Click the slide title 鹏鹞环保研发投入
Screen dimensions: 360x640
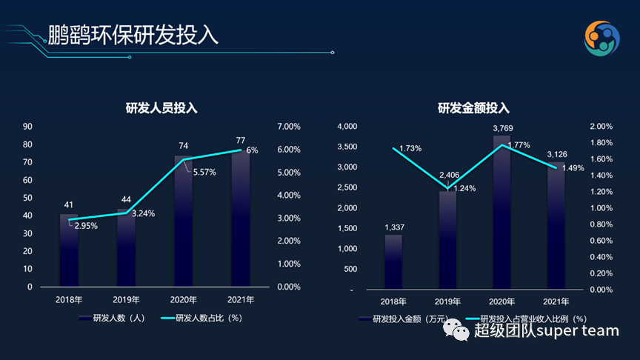coord(133,35)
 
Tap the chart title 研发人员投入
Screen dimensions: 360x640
coord(161,108)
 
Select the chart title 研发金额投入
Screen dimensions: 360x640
coord(474,108)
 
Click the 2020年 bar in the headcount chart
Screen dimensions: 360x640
coord(183,222)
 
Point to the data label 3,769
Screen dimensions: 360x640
coord(501,130)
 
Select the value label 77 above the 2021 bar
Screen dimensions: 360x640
coord(241,139)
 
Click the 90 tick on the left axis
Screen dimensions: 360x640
coord(27,126)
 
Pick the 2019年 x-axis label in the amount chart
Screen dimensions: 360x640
coord(447,301)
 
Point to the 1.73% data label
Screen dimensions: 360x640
coord(410,148)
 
